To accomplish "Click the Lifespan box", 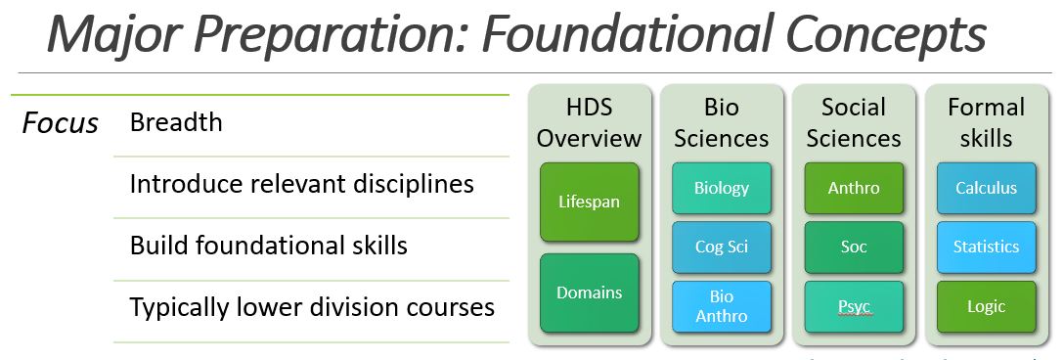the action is [x=589, y=202].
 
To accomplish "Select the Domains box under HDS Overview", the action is [x=589, y=292].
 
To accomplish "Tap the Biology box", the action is [x=722, y=188].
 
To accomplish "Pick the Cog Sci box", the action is [x=722, y=247].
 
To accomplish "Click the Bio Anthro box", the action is [x=722, y=306].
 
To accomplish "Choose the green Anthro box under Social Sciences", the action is [x=854, y=188].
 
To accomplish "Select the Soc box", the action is [x=854, y=247].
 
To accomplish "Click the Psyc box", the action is [x=854, y=306].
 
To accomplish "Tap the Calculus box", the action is [x=986, y=188].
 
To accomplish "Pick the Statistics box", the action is [x=986, y=247].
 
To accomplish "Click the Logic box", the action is [x=986, y=306].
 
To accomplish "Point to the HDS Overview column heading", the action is [x=589, y=122].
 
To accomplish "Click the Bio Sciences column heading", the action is [x=722, y=122].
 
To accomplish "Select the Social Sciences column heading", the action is [x=854, y=122].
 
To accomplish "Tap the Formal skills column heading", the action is [x=986, y=122].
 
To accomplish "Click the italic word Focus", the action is [x=61, y=123].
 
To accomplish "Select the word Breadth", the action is [x=176, y=122].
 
